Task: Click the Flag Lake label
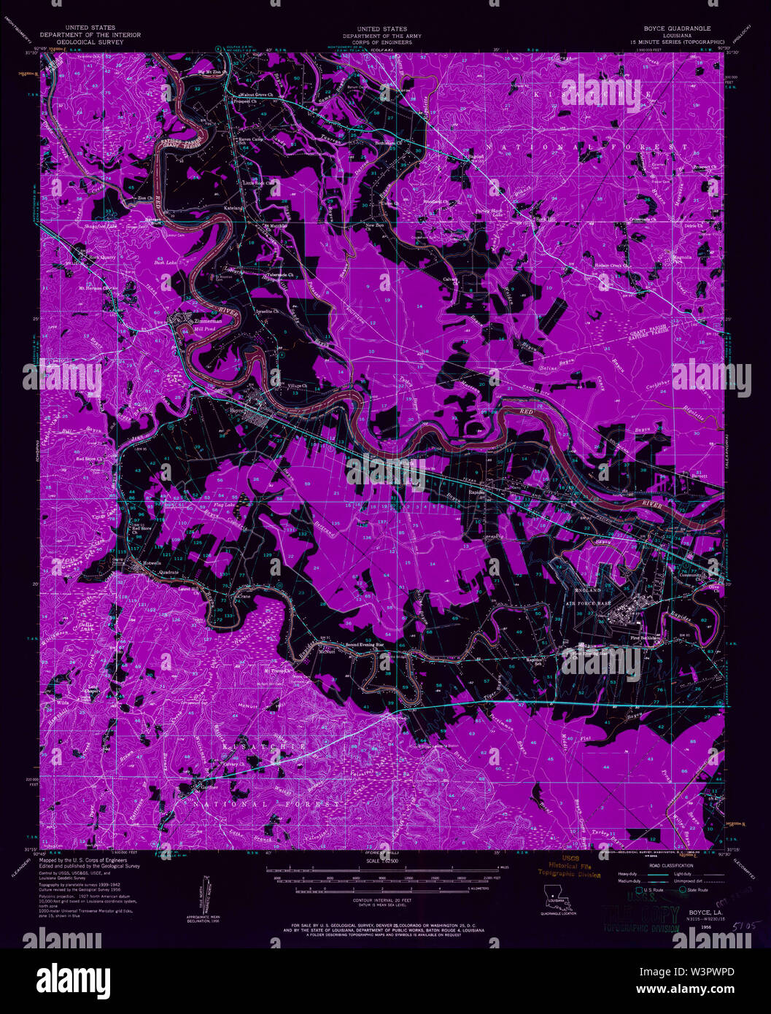[223, 505]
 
